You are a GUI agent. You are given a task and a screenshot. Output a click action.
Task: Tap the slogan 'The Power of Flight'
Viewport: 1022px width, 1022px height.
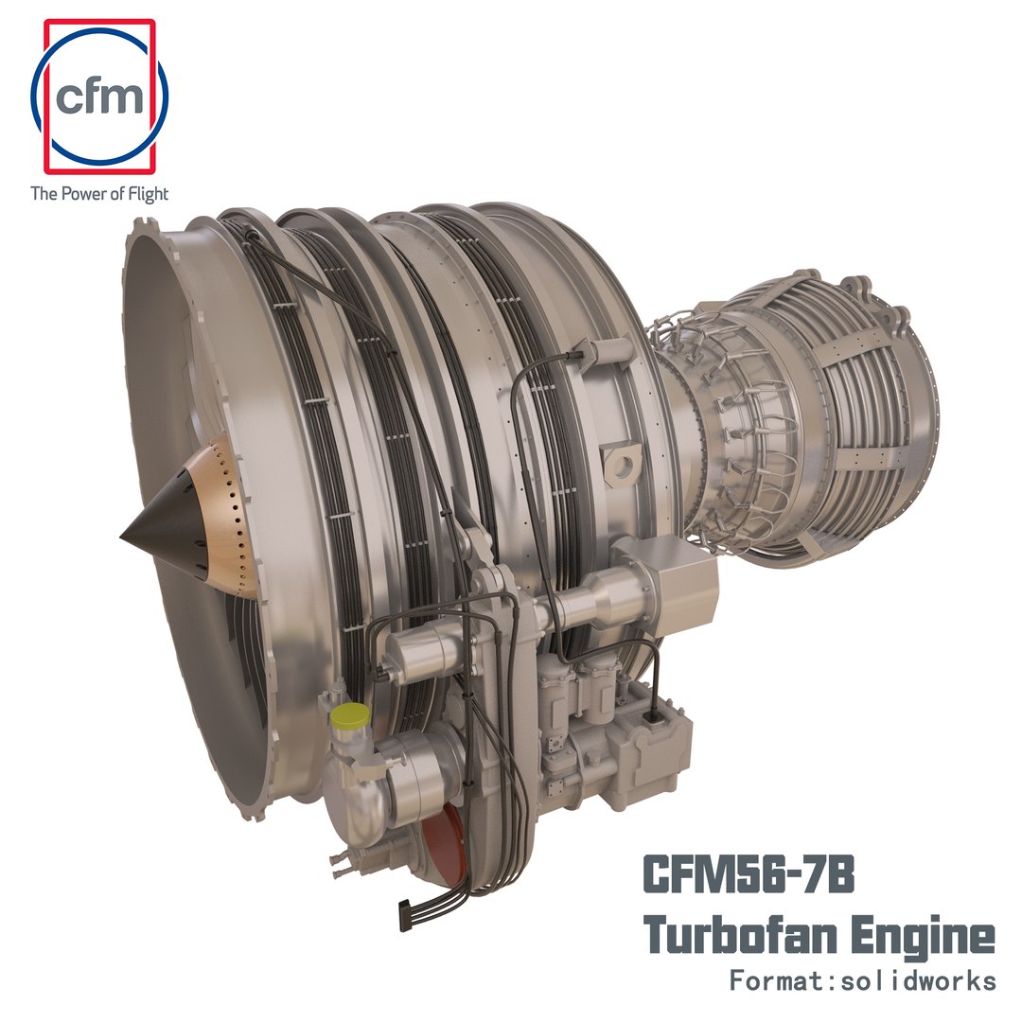pyautogui.click(x=99, y=194)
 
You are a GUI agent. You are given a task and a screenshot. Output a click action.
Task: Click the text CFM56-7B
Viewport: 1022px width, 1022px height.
pyautogui.click(x=749, y=872)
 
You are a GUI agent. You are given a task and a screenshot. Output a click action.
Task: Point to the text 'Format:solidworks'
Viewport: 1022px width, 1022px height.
pyautogui.click(x=862, y=980)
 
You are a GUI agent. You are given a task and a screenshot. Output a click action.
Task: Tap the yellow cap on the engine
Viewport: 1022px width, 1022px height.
pyautogui.click(x=351, y=716)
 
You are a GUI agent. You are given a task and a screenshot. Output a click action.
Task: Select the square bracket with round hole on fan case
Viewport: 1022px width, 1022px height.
pyautogui.click(x=625, y=464)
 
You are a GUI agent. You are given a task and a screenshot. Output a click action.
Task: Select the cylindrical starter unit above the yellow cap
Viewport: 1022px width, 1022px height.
pyautogui.click(x=421, y=653)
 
